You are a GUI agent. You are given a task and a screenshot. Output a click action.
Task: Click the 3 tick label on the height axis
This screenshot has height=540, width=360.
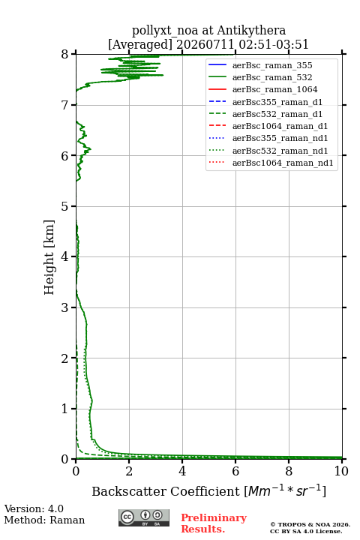(x=64, y=307)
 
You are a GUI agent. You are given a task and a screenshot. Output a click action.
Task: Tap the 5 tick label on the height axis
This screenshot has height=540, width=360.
(x=64, y=206)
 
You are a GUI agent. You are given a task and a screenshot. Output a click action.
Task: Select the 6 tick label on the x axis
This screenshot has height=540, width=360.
(x=235, y=471)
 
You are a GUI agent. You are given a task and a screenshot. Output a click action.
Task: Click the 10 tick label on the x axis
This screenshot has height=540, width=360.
(x=341, y=471)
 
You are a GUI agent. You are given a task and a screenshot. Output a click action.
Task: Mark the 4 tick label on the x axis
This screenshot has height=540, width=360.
(x=182, y=471)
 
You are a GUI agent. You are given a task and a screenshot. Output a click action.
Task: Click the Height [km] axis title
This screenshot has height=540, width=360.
(x=49, y=257)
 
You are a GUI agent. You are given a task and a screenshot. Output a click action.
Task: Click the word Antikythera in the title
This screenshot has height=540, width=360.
(x=251, y=31)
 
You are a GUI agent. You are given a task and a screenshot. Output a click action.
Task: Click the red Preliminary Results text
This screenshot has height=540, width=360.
(x=214, y=523)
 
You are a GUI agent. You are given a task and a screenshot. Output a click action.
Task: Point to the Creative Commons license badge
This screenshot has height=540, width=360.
(x=144, y=517)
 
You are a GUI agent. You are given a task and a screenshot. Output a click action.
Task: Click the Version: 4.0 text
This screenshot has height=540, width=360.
(x=34, y=509)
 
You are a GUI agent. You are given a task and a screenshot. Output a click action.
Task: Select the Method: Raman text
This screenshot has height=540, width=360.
(x=44, y=520)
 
